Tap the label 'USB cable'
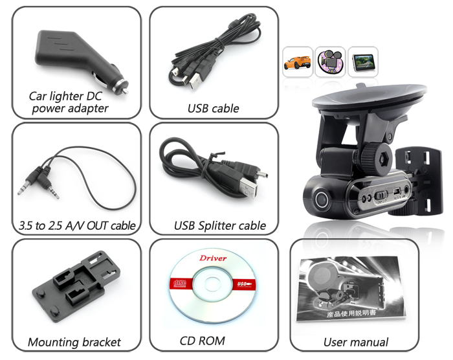pyautogui.click(x=213, y=108)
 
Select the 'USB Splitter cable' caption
pyautogui.click(x=219, y=225)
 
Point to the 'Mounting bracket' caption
pyautogui.click(x=74, y=342)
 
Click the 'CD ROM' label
pyautogui.click(x=203, y=340)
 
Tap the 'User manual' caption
pyautogui.click(x=356, y=342)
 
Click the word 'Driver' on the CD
pyautogui.click(x=213, y=258)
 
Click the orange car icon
pyautogui.click(x=298, y=62)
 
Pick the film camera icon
pyautogui.click(x=330, y=62)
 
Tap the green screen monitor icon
pyautogui.click(x=363, y=62)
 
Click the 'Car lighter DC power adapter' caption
pyautogui.click(x=70, y=102)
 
